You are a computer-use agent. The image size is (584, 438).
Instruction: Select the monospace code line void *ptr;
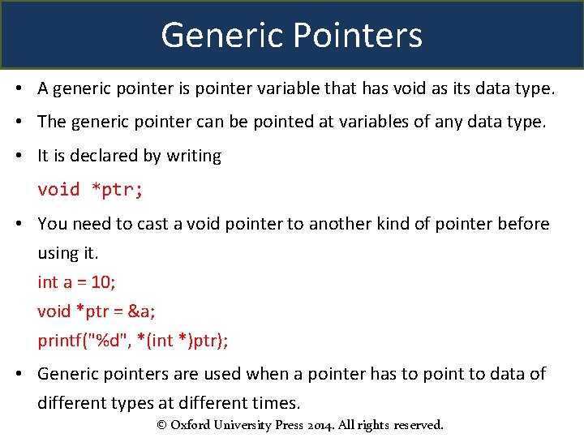click(x=90, y=190)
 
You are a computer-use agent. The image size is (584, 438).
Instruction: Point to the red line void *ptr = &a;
click(x=97, y=311)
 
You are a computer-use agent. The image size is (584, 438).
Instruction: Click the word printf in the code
click(x=61, y=341)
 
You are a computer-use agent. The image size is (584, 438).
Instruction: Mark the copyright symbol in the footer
click(x=161, y=425)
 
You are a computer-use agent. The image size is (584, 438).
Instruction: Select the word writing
click(x=194, y=156)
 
